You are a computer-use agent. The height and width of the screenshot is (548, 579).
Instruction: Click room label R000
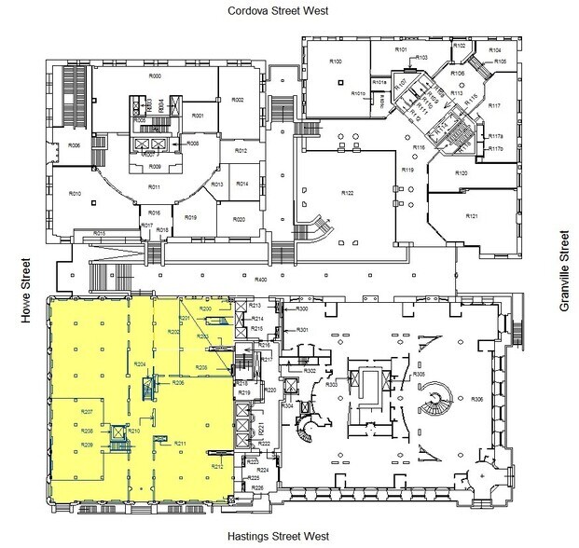[x=156, y=76]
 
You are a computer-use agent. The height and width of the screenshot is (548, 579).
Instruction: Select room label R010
[x=76, y=193]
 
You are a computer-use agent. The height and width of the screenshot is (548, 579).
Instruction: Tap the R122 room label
[x=347, y=193]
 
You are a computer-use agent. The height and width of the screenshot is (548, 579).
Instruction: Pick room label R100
[x=337, y=61]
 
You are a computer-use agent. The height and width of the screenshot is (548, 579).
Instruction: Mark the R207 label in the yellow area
[x=87, y=411]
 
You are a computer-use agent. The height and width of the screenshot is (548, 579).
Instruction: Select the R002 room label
[x=237, y=99]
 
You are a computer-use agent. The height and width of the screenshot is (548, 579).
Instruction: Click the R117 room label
[x=495, y=105]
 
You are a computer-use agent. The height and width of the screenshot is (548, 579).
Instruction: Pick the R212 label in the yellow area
[x=216, y=466]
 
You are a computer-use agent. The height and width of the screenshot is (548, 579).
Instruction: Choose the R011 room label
[x=155, y=186]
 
